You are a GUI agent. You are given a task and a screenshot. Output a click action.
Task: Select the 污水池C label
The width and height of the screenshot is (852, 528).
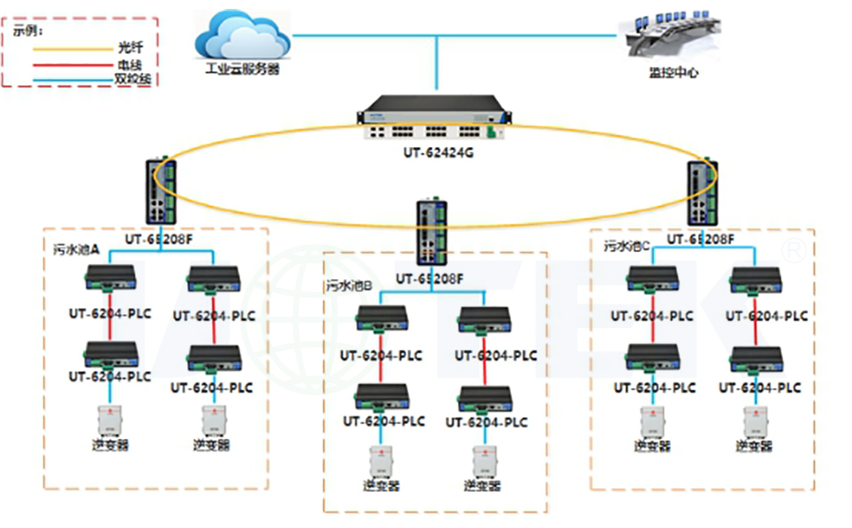tap(627, 247)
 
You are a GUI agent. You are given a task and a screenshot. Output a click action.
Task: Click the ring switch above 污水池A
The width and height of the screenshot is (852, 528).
tap(160, 191)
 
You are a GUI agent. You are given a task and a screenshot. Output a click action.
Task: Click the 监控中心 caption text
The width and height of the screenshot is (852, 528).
tap(673, 74)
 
